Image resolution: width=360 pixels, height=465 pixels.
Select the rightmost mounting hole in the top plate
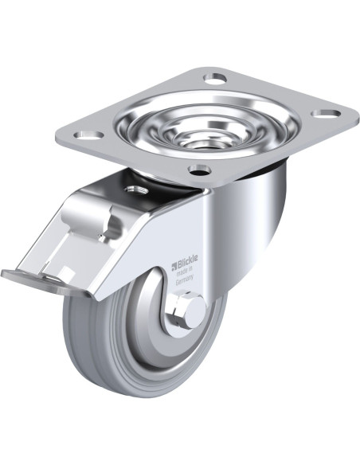coord(321,113)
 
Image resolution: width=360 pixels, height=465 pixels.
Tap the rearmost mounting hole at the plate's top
coord(215,78)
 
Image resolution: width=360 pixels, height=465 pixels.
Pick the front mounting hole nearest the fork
coord(199,169)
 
